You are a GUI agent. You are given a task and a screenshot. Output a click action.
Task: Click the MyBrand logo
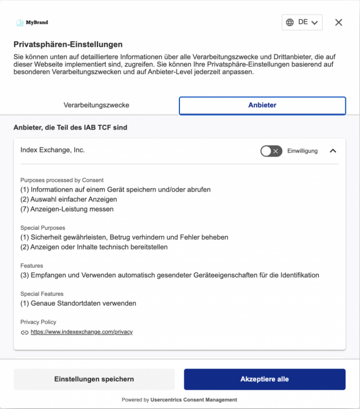coord(32,23)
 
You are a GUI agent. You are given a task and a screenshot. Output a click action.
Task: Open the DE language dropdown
coord(302,22)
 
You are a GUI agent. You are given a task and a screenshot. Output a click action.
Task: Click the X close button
coord(339,22)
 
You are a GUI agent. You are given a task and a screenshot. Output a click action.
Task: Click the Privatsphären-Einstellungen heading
coord(68,44)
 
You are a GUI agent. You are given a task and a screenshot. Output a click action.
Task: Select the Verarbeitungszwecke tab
coord(96,105)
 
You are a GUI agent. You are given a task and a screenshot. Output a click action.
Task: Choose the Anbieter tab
coord(262,105)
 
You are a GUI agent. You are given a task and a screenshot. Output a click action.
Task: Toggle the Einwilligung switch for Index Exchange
coord(271,151)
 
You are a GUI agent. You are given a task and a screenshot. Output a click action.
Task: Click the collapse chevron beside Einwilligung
coord(333,151)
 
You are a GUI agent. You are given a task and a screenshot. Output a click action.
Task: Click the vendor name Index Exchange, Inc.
coord(52,150)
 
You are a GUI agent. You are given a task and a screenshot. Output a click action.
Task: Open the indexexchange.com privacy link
coord(82,332)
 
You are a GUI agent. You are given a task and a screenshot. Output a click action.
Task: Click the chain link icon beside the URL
coord(24,332)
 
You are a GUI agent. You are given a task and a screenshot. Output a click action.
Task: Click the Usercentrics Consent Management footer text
coord(193,400)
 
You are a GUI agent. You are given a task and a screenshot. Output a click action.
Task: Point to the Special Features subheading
coord(42,294)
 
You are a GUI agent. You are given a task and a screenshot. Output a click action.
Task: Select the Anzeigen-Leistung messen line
coord(67,209)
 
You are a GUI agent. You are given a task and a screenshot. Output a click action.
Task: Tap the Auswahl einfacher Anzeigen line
coord(69,199)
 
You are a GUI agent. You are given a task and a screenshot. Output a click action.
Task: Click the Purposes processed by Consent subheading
coord(62,180)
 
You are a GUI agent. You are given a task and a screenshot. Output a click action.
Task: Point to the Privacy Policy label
coord(38,322)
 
